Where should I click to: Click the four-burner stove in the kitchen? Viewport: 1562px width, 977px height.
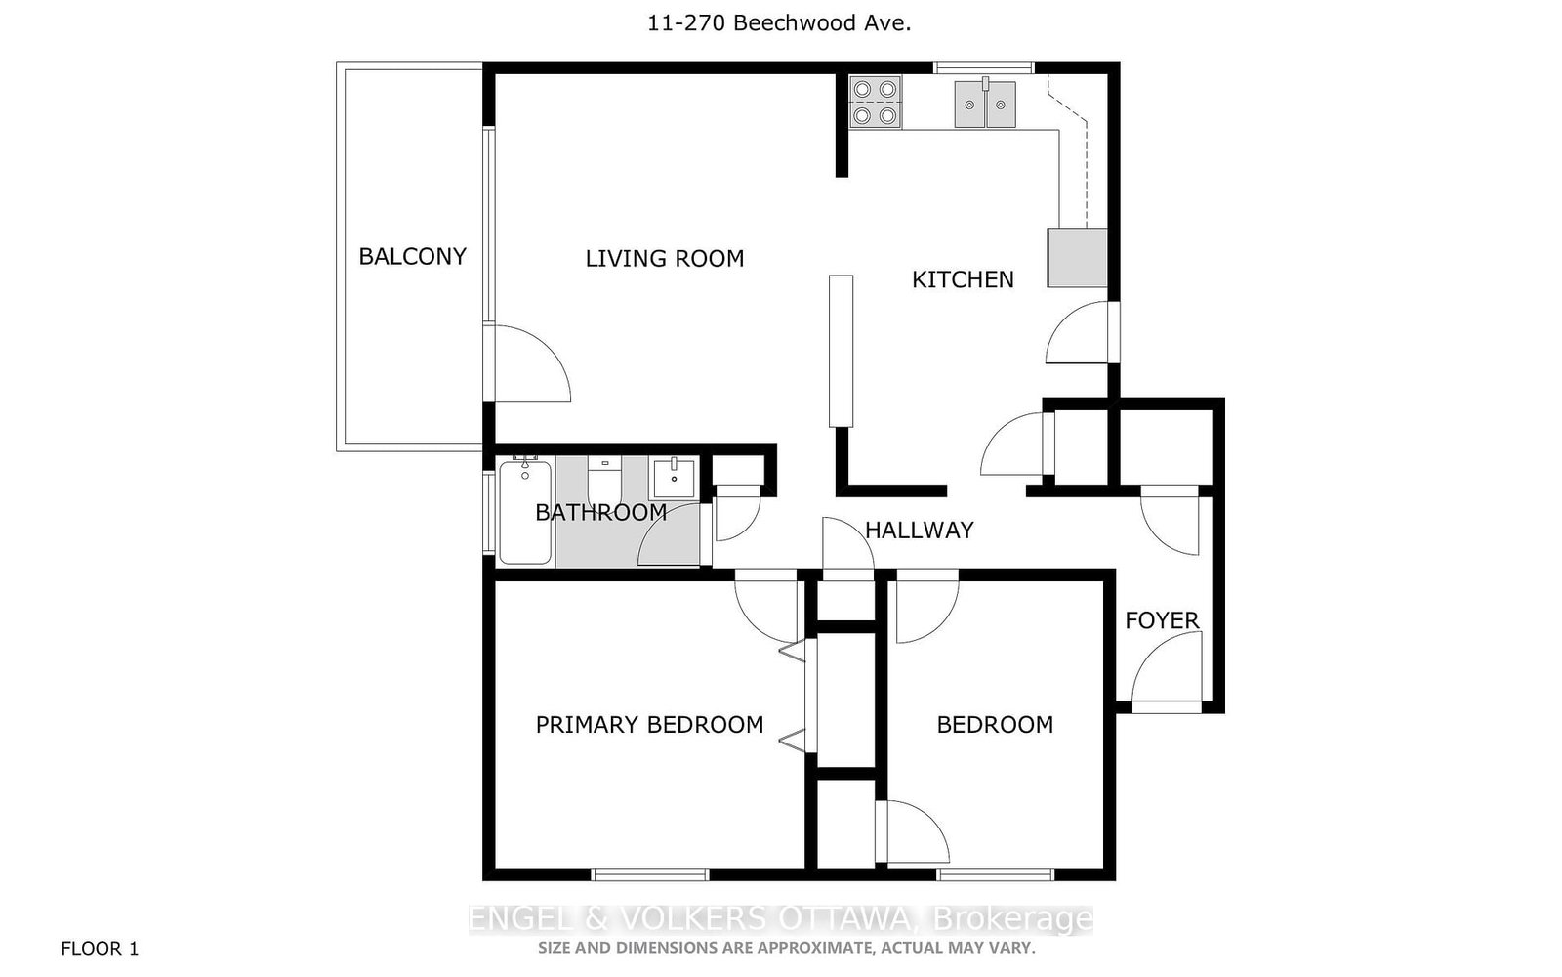pyautogui.click(x=874, y=103)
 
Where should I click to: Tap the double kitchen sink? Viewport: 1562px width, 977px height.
pyautogui.click(x=985, y=104)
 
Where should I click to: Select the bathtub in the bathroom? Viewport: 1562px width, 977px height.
pyautogui.click(x=525, y=512)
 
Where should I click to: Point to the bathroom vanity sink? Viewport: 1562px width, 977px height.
pyautogui.click(x=673, y=479)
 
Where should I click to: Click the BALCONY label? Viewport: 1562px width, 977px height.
pyautogui.click(x=412, y=256)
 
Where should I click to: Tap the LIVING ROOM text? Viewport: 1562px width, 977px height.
pyautogui.click(x=664, y=258)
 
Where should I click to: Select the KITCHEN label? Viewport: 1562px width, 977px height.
pyautogui.click(x=963, y=279)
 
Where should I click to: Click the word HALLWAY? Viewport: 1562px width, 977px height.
pyautogui.click(x=919, y=530)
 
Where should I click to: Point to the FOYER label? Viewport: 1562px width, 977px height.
pyautogui.click(x=1162, y=620)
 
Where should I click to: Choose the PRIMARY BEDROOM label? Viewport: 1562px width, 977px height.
pyautogui.click(x=649, y=724)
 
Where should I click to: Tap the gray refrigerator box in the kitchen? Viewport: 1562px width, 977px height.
pyautogui.click(x=1077, y=258)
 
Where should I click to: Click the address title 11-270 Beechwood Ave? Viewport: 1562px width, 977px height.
pyautogui.click(x=779, y=23)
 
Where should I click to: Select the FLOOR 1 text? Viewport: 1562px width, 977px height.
pyautogui.click(x=100, y=948)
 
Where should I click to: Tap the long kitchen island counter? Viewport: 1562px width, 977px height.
pyautogui.click(x=841, y=351)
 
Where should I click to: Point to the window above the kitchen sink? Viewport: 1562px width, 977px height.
pyautogui.click(x=983, y=67)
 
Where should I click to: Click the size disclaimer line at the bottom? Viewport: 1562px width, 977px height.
pyautogui.click(x=786, y=947)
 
